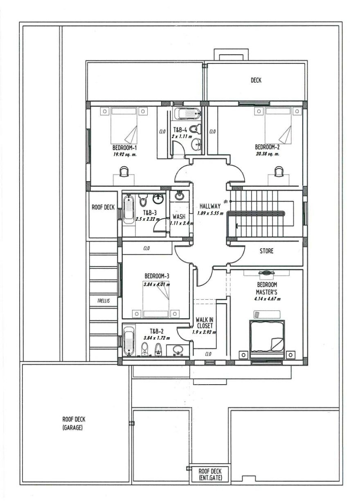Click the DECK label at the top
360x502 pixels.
click(256, 80)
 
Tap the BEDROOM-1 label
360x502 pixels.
click(124, 148)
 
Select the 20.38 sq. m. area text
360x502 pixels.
click(268, 154)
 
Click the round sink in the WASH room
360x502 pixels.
click(179, 196)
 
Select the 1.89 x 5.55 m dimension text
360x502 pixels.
click(210, 213)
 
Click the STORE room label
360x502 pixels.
click(266, 251)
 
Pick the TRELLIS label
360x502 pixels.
click(103, 301)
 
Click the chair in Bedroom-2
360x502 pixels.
click(278, 171)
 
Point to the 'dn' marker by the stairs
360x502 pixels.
click(225, 202)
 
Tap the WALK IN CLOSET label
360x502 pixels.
click(204, 323)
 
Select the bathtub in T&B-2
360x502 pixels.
click(129, 341)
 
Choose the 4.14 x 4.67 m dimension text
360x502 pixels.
click(267, 299)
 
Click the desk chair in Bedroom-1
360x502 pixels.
click(124, 172)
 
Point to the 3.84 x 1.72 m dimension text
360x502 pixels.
click(157, 338)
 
